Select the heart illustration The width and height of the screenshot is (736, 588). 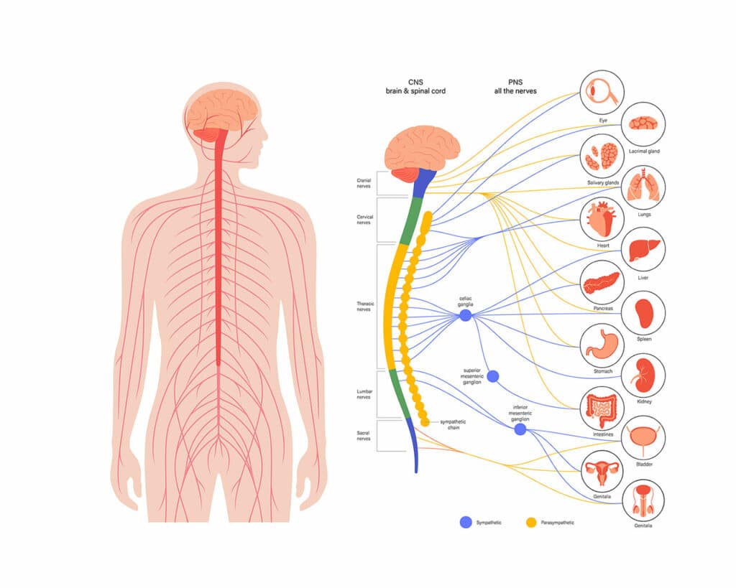[602, 218]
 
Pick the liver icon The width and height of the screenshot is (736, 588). [643, 249]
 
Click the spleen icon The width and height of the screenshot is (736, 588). [643, 313]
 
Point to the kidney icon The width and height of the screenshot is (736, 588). [643, 374]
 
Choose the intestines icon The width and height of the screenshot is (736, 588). [602, 407]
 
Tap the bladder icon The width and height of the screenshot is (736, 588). [643, 437]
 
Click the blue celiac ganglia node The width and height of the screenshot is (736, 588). [465, 315]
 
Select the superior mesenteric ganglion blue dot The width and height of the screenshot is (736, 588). [492, 376]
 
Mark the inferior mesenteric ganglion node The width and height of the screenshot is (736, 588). [520, 429]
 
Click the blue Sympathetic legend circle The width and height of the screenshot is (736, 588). [465, 522]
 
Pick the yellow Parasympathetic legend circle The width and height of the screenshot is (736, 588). [533, 522]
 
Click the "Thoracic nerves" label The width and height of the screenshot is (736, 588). [365, 307]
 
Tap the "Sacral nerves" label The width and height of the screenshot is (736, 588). [364, 435]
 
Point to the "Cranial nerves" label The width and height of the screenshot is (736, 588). [364, 183]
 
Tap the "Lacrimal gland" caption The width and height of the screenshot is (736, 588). [643, 151]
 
